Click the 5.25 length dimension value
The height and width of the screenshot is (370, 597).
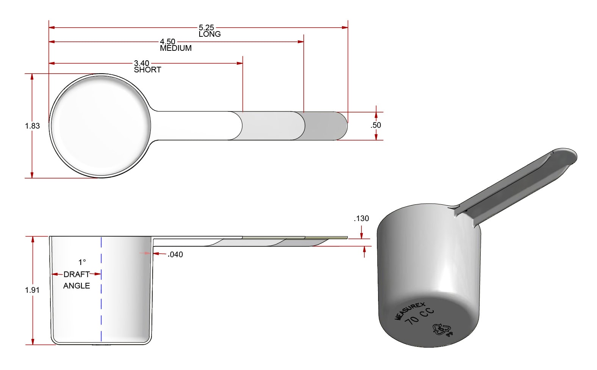[206, 27]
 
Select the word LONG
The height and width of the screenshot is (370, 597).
[209, 34]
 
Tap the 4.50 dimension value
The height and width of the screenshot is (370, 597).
[167, 41]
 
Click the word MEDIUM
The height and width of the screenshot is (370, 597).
[176, 48]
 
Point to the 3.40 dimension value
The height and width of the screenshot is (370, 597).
[142, 63]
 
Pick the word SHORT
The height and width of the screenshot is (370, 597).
[147, 70]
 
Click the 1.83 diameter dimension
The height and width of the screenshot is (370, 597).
[33, 126]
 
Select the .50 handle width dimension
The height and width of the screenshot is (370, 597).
[376, 125]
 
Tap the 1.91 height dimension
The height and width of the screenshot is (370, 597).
[32, 290]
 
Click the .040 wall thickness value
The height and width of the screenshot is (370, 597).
[175, 255]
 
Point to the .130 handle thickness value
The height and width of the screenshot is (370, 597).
[361, 218]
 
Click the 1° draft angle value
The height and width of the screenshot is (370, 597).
[82, 262]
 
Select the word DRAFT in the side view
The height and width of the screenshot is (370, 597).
[77, 274]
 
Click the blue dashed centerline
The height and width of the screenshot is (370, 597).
[101, 303]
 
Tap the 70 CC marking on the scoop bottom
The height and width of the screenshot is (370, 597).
[419, 317]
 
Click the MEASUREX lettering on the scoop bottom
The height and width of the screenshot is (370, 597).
[410, 311]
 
